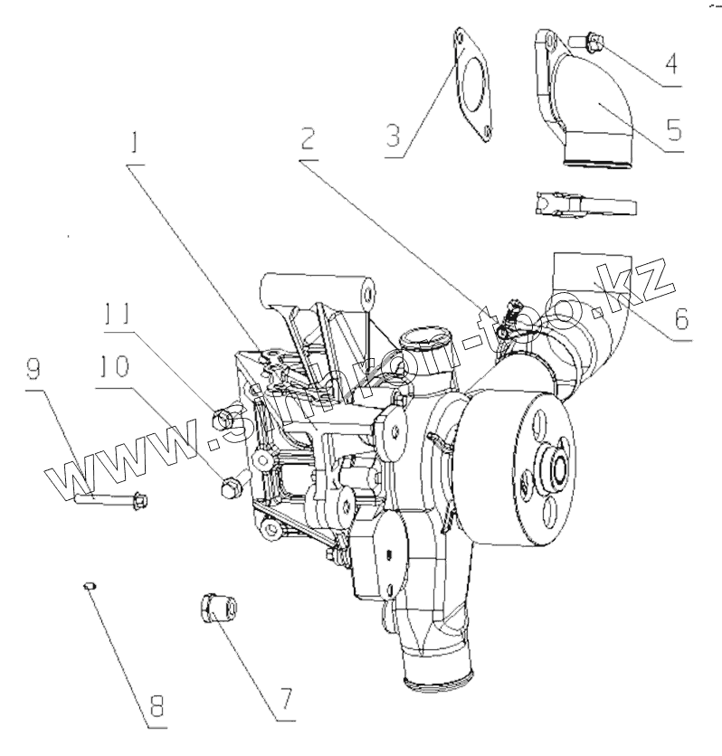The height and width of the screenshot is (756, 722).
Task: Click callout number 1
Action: pos(136,144)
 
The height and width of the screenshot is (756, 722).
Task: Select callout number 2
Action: pos(309,138)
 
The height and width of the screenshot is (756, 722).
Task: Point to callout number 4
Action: pos(670,64)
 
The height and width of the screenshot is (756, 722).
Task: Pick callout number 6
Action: pos(681,318)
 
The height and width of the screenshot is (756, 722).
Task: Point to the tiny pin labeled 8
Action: pos(89,588)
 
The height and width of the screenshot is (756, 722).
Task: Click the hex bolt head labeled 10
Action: pos(229,487)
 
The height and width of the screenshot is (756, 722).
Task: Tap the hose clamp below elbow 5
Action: pos(584,203)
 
